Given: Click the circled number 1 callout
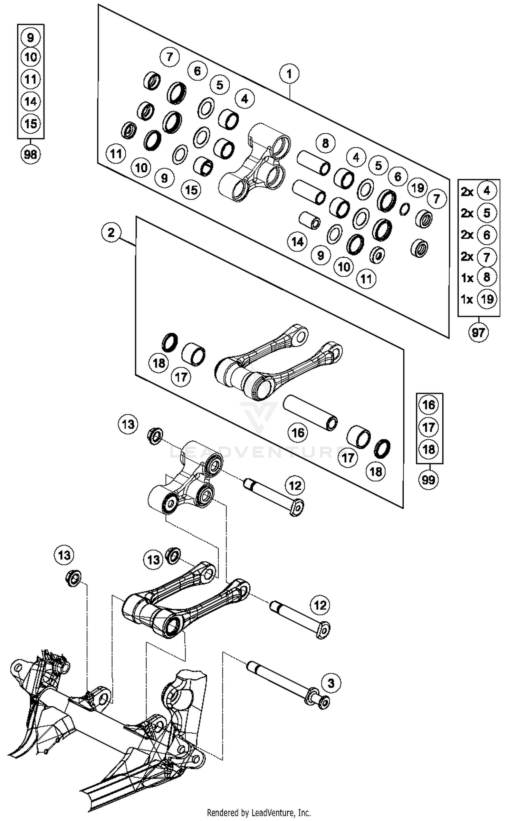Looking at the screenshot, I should point(289,74).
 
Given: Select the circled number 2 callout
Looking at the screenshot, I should point(111,232).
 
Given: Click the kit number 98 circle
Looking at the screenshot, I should point(30,154).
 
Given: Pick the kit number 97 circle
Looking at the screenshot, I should point(478,333).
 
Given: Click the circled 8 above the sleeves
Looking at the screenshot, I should point(325,143).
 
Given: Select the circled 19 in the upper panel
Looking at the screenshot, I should point(418,188).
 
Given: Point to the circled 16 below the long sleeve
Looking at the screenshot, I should point(298,432).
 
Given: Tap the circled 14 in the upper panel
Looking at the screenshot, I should point(298,241).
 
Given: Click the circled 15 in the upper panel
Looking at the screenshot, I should point(191,189).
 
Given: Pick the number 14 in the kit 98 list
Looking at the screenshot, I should point(30,101).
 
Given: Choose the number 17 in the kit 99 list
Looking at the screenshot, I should point(428,427).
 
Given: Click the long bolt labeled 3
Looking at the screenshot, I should point(286,681).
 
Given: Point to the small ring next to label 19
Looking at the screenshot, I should point(404,208).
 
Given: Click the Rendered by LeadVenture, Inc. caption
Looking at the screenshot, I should point(259,812).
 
